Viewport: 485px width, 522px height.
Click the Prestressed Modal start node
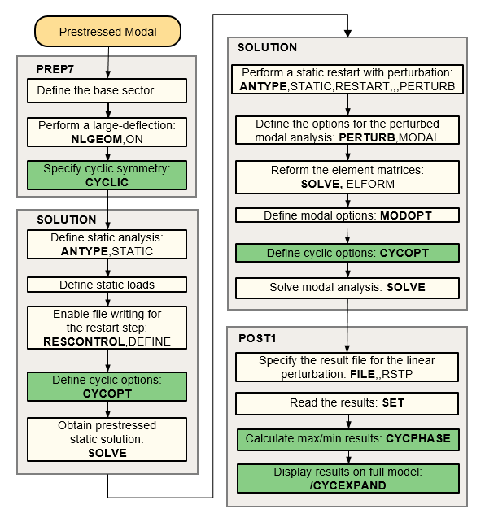(107, 33)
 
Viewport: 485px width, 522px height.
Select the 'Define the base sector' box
(107, 90)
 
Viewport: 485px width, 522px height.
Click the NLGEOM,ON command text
(107, 139)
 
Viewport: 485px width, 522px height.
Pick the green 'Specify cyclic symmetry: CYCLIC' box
(107, 175)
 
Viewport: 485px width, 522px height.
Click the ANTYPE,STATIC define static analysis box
(107, 244)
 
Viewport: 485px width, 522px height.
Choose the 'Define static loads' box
(107, 285)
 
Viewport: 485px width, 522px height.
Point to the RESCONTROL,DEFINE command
(107, 341)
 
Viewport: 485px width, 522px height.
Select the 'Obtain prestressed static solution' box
(107, 439)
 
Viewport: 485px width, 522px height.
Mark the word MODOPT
(405, 216)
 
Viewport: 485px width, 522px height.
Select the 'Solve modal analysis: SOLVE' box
(347, 288)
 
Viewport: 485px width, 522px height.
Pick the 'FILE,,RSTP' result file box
(347, 367)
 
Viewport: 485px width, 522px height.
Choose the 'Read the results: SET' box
(347, 402)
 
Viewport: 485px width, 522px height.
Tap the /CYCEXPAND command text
(347, 485)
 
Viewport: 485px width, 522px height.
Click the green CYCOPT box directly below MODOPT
(347, 253)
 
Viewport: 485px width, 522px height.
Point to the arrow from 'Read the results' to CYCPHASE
(347, 420)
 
